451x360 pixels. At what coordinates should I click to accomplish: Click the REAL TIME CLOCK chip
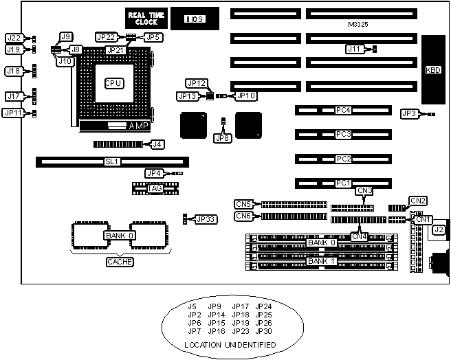tap(141, 18)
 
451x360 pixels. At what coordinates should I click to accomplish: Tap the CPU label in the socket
tap(113, 83)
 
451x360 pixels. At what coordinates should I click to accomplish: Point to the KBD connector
tap(433, 69)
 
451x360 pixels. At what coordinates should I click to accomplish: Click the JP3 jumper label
tap(408, 113)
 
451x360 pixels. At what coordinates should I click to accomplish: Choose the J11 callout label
tap(354, 49)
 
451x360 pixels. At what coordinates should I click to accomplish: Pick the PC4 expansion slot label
tap(343, 110)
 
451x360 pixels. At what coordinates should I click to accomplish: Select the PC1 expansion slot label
tap(343, 183)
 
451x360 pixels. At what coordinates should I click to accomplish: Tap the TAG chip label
tap(154, 187)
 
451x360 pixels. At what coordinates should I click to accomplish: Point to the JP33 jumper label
tap(206, 219)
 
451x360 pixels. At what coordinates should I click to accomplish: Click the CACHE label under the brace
tap(115, 262)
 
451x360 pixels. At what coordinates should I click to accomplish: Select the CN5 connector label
tap(243, 203)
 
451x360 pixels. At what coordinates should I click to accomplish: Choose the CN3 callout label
tap(364, 190)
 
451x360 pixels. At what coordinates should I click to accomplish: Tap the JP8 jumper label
tap(223, 138)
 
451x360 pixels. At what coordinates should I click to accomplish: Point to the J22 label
tap(14, 38)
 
